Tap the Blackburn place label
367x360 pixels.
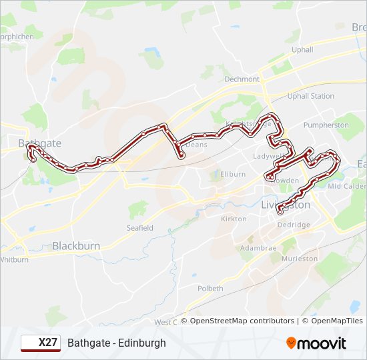pyautogui.click(x=76, y=246)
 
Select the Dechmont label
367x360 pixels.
pyautogui.click(x=242, y=79)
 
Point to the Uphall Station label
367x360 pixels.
pyautogui.click(x=311, y=96)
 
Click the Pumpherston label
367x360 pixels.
pyautogui.click(x=326, y=125)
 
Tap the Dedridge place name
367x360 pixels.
pyautogui.click(x=294, y=225)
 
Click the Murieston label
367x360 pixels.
pyautogui.click(x=300, y=258)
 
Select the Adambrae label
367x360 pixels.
pyautogui.click(x=240, y=247)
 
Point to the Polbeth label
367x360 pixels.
pyautogui.click(x=210, y=289)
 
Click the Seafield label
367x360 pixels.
pyautogui.click(x=140, y=227)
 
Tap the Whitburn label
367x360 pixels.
pyautogui.click(x=15, y=259)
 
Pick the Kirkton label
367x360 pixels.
pyautogui.click(x=234, y=219)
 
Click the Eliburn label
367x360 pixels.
pyautogui.click(x=233, y=175)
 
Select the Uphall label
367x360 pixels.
pyautogui.click(x=302, y=49)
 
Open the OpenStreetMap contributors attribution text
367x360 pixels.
pyautogui.click(x=242, y=321)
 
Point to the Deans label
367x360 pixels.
pyautogui.click(x=197, y=144)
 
